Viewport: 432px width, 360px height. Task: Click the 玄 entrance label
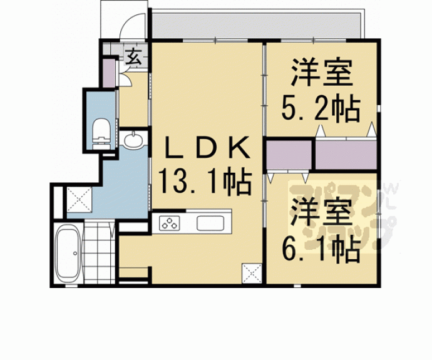click(x=134, y=56)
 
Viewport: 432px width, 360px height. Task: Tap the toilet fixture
click(x=101, y=133)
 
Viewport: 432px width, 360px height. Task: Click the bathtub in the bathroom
click(x=68, y=254)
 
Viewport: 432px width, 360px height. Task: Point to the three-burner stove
click(x=170, y=223)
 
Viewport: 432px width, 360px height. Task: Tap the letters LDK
click(x=207, y=149)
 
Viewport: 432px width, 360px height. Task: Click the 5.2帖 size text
click(x=320, y=110)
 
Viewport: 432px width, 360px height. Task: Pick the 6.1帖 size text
click(x=320, y=250)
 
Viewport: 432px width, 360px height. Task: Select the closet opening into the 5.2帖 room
click(x=346, y=154)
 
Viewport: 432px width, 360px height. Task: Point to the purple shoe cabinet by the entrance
click(x=108, y=72)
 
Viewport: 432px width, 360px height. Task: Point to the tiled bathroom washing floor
click(x=100, y=254)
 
